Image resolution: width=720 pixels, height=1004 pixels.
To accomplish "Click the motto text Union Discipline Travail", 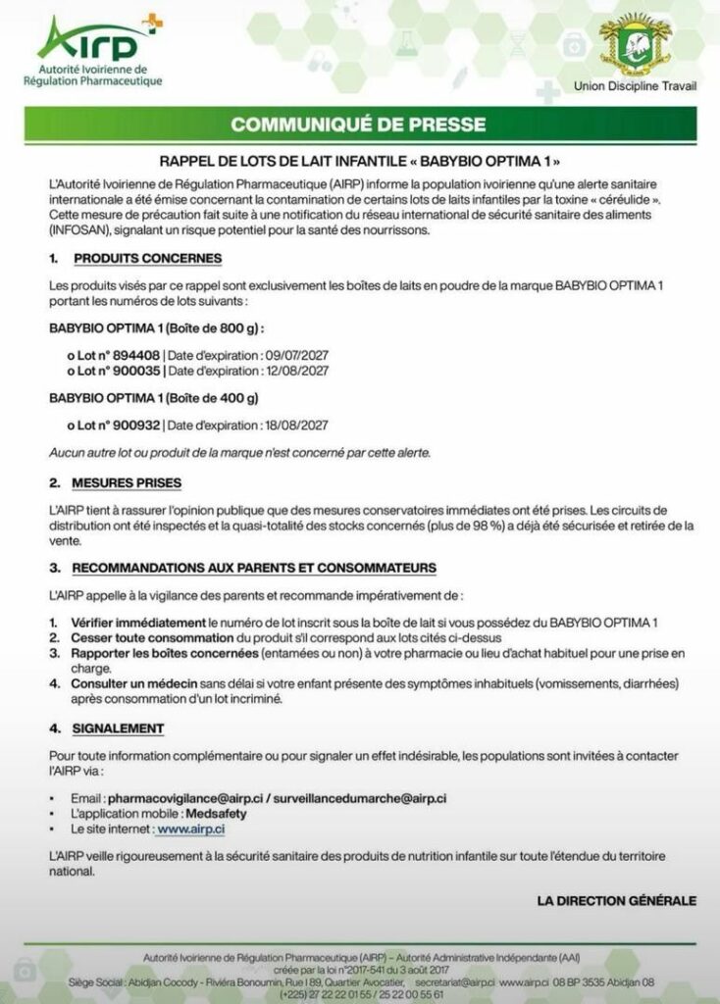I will pos(635,86).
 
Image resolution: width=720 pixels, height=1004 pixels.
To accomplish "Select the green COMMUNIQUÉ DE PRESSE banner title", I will pos(358,125).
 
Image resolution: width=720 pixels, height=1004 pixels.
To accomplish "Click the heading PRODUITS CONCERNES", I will pos(147,259).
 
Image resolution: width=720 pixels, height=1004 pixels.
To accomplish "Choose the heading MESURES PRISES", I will pos(127,483).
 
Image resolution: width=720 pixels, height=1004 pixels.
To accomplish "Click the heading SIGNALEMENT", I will pos(118,728).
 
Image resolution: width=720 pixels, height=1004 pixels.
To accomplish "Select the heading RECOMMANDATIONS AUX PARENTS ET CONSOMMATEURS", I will pos(254,568).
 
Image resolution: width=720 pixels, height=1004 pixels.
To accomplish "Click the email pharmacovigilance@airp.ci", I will pos(178,799).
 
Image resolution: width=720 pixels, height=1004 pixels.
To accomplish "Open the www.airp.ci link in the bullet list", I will pos(190,828).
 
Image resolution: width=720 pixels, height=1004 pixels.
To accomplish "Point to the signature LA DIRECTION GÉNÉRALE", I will pos(616,899).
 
